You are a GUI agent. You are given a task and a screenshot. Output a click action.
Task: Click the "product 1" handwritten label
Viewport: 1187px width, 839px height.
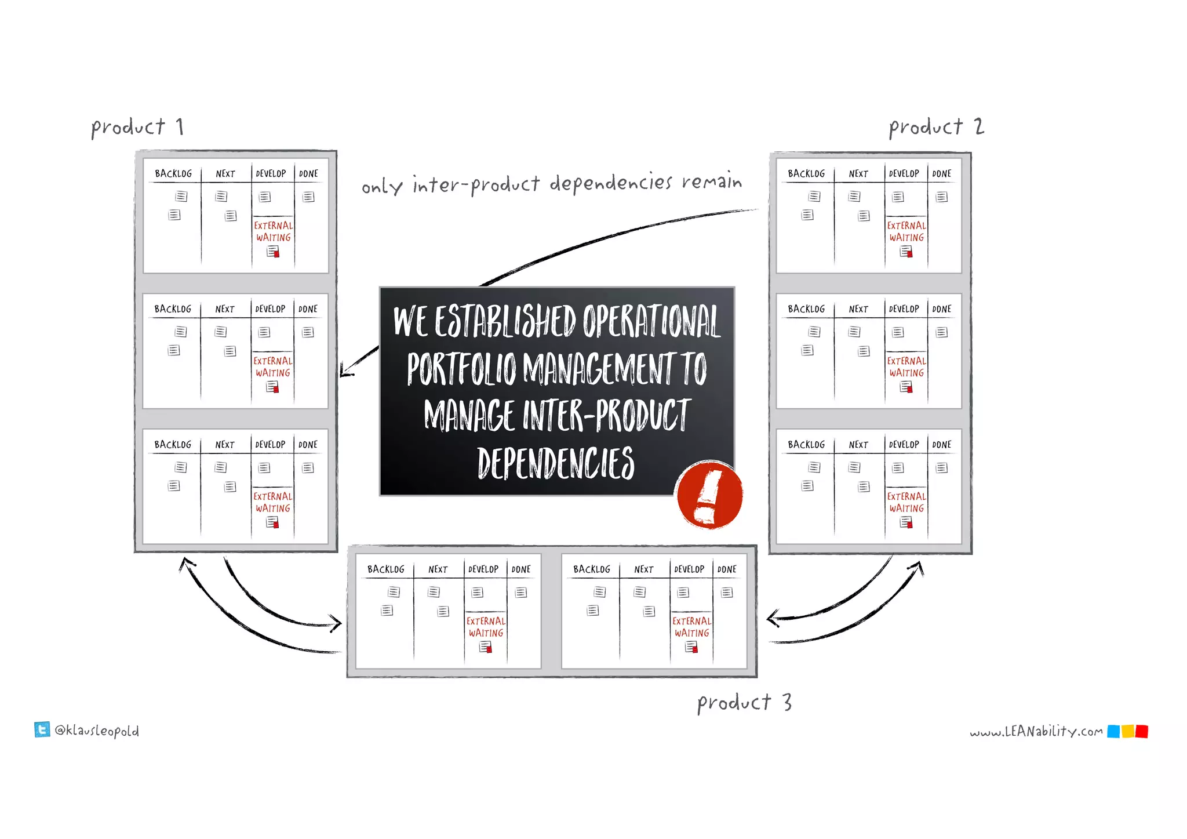pyautogui.click(x=137, y=127)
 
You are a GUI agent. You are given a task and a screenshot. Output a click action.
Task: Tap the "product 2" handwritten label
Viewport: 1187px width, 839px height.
pyautogui.click(x=936, y=127)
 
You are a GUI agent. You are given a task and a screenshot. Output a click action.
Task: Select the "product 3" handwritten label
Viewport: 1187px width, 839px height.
pyautogui.click(x=744, y=703)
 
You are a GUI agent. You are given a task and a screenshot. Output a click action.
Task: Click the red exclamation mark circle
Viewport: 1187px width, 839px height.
pyautogui.click(x=709, y=495)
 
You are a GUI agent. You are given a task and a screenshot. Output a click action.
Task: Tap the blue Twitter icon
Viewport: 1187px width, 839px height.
pyautogui.click(x=42, y=729)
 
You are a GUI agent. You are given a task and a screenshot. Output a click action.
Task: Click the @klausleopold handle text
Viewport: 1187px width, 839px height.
pyautogui.click(x=97, y=731)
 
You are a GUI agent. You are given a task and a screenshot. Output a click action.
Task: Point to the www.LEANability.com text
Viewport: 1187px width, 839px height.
pyautogui.click(x=1036, y=732)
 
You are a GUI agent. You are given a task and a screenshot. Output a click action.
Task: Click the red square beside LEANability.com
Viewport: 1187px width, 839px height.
pyautogui.click(x=1141, y=732)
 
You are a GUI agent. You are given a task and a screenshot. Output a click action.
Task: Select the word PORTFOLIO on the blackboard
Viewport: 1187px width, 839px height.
pyautogui.click(x=461, y=369)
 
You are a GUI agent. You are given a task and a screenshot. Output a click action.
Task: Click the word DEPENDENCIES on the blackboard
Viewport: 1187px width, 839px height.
pyautogui.click(x=556, y=463)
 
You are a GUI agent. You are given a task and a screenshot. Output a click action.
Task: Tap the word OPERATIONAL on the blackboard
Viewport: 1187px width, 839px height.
pyautogui.click(x=651, y=321)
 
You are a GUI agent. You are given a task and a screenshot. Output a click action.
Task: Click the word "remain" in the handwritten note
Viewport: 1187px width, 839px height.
pyautogui.click(x=712, y=181)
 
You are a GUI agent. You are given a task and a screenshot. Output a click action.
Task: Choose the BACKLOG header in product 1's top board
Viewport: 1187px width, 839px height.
pyautogui.click(x=173, y=173)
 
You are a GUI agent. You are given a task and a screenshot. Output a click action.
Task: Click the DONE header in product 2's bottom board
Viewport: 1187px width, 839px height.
pyautogui.click(x=942, y=445)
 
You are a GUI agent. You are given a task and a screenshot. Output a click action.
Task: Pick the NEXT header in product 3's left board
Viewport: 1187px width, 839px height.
pyautogui.click(x=438, y=569)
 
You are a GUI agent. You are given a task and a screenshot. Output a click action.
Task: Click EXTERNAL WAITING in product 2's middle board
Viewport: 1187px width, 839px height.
pyautogui.click(x=906, y=367)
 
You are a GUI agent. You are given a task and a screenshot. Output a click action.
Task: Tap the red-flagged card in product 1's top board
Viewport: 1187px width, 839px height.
pyautogui.click(x=273, y=252)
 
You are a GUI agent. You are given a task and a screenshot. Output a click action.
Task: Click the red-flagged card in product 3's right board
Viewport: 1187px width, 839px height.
pyautogui.click(x=691, y=647)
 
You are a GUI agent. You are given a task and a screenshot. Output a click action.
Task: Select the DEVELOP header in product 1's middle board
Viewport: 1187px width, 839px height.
pyautogui.click(x=270, y=309)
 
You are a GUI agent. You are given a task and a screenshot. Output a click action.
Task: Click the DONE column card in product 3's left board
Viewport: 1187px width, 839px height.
pyautogui.click(x=521, y=593)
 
